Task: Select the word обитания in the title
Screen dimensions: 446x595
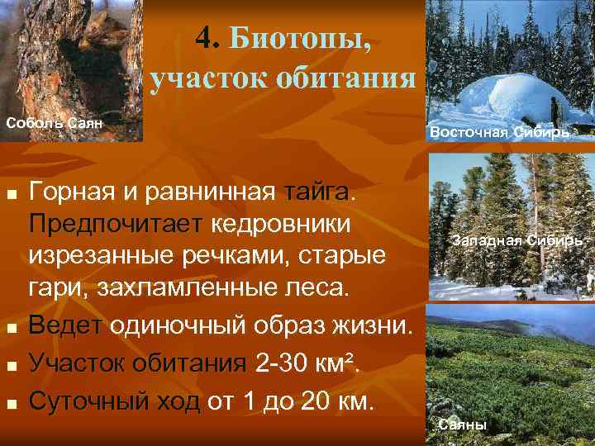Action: (x=347, y=79)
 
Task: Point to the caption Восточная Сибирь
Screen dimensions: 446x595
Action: (x=498, y=132)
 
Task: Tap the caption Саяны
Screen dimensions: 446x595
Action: (x=463, y=425)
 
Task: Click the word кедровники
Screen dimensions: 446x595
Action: (x=281, y=225)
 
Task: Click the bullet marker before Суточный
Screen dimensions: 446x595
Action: (x=11, y=404)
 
